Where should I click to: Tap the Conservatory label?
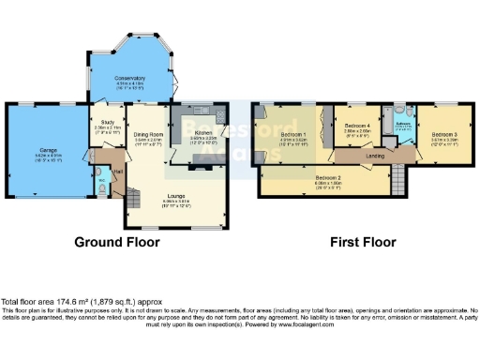coord(129,78)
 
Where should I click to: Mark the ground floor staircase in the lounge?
coord(138,193)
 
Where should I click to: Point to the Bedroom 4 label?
coord(357,126)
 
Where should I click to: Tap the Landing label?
coord(374,155)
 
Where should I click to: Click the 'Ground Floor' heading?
coord(117,242)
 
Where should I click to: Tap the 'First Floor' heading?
coord(360,242)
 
